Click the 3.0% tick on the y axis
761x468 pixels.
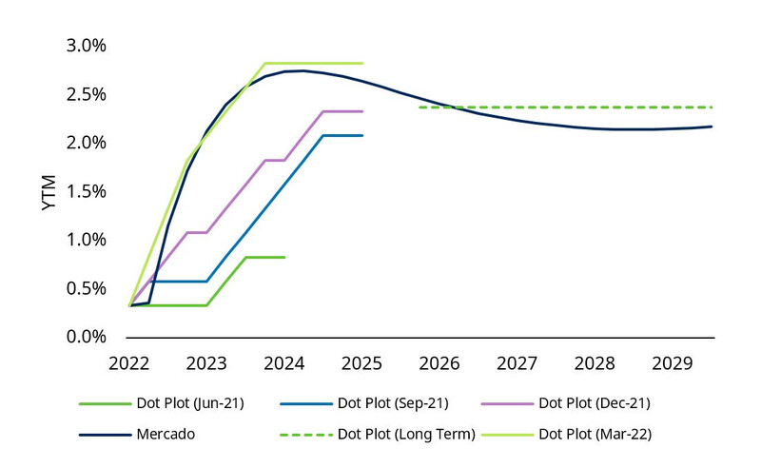86,46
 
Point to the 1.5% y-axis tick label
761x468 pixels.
86,191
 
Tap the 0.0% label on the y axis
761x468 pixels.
86,337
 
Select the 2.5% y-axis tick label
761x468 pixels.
86,94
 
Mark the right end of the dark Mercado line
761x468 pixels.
712,127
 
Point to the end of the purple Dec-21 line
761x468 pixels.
362,111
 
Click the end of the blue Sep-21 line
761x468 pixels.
362,135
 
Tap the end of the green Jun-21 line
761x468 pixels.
284,257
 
